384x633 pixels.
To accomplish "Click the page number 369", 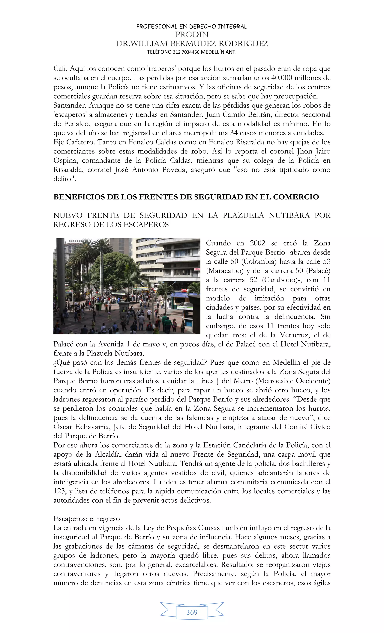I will coord(192,612).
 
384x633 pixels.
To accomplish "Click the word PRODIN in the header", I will coord(192,34).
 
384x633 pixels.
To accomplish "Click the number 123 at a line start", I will coord(59,491).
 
